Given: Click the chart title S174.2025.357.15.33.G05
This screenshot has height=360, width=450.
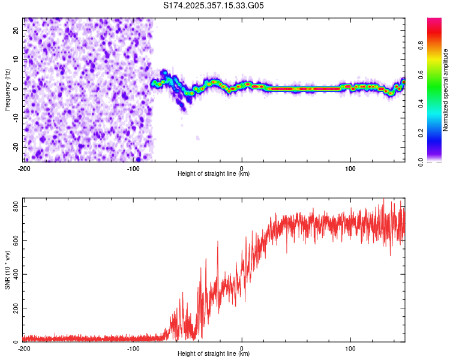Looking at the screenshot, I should pos(214,5).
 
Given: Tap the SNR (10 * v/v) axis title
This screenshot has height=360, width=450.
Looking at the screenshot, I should pos(7,271).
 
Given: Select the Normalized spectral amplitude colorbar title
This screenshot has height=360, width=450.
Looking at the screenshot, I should pos(445,90).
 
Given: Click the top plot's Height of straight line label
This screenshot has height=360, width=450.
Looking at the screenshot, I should pos(214,174).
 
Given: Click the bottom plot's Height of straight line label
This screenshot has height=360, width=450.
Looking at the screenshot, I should pos(214,354).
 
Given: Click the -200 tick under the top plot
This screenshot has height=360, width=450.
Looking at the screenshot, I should pos(24,168).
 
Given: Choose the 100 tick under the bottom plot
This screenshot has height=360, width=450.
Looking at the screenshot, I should pos(350,348).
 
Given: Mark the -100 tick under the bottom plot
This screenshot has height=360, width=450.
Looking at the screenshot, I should pos(133,348).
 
